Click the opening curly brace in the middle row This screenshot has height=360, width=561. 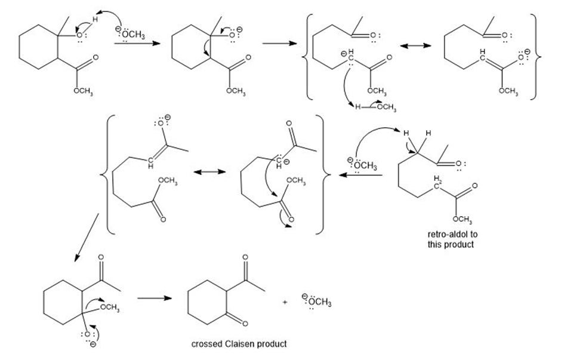(x=106, y=173)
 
